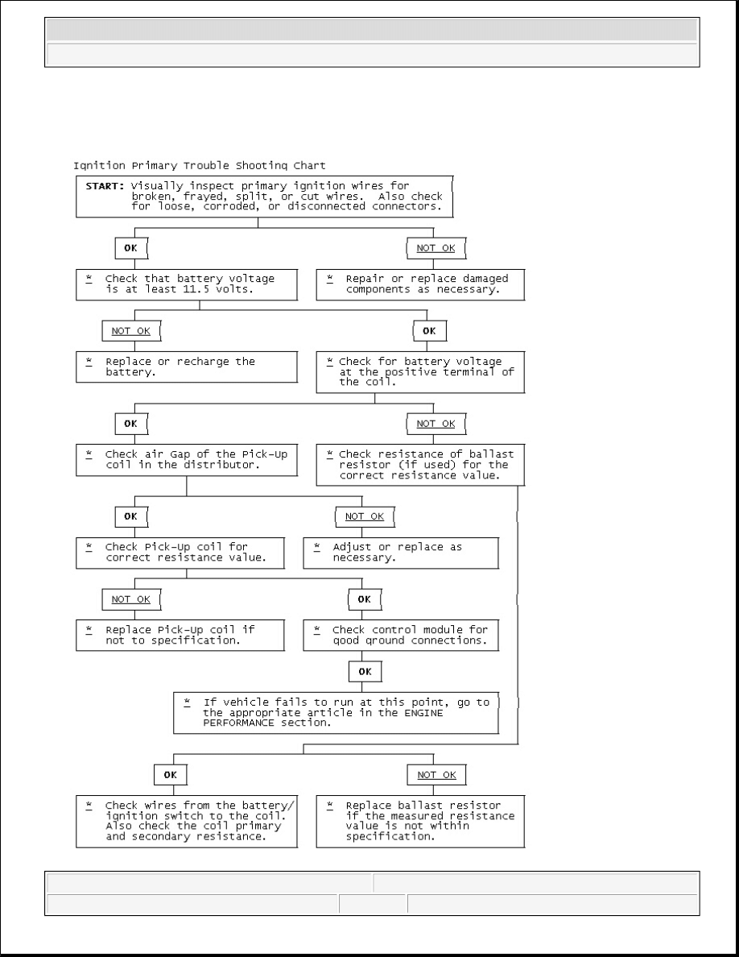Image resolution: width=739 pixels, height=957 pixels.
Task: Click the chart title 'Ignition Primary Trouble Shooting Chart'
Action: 200,166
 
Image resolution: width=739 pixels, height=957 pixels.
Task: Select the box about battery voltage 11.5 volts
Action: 187,284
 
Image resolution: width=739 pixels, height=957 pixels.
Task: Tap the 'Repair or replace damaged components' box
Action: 419,284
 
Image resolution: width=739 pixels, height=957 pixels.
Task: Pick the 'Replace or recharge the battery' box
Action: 187,367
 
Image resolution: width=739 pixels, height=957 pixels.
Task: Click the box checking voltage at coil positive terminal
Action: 419,371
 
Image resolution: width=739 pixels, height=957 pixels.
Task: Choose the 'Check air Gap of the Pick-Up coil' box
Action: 187,459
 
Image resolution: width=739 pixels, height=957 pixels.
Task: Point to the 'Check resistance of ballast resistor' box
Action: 419,465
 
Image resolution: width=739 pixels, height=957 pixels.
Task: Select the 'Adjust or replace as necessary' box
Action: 400,552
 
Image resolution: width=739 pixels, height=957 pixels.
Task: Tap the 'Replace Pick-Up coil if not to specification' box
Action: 180,635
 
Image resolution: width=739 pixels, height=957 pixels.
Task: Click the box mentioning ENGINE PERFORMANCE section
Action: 336,712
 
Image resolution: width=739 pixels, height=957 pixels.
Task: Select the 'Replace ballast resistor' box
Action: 419,821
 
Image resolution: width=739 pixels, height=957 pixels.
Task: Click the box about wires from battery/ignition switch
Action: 187,821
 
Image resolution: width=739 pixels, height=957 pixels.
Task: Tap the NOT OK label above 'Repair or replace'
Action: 436,247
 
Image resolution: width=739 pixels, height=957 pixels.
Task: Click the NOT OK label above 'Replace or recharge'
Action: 131,330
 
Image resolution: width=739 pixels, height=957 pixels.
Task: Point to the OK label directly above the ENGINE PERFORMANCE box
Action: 365,670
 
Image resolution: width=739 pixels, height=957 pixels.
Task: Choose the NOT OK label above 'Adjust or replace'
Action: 365,516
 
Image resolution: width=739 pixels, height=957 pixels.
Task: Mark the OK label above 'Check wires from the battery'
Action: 170,774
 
